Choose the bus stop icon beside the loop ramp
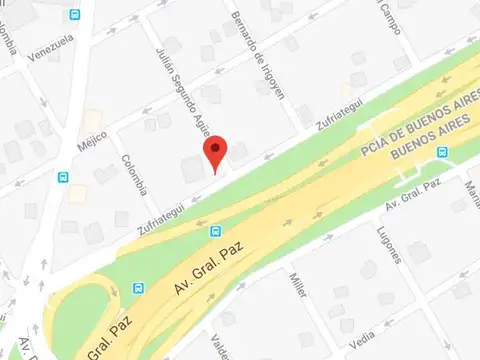pos(137,286)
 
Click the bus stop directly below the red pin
pos(216,231)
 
